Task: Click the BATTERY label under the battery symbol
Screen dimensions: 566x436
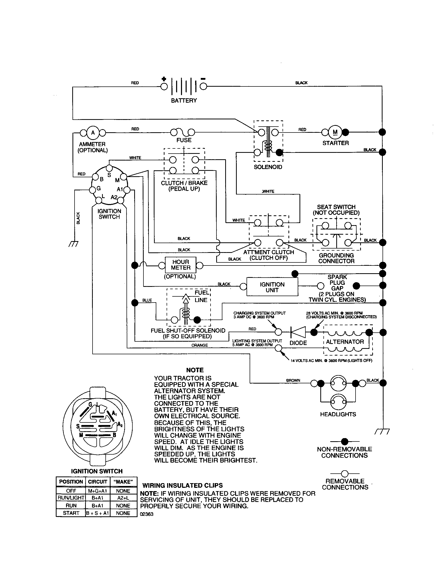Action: [x=184, y=101]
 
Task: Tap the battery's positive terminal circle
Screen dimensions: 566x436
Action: [x=164, y=86]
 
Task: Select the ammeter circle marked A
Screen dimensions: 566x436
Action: [x=93, y=133]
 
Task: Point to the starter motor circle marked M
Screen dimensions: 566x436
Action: [x=335, y=132]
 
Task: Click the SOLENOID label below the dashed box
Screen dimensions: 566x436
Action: [x=268, y=167]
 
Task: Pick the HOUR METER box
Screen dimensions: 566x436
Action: [x=181, y=265]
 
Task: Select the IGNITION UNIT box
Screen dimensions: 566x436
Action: [x=272, y=287]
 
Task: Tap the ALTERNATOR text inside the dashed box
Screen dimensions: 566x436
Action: [x=345, y=342]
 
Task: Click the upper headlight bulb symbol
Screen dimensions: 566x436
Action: [x=338, y=383]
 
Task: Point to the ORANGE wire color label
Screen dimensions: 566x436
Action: [x=199, y=345]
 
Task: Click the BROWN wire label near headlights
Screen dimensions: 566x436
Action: [x=293, y=381]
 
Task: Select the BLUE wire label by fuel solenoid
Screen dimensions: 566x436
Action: [x=147, y=300]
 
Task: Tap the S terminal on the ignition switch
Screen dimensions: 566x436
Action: [x=109, y=168]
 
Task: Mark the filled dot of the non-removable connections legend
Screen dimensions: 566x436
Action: [x=344, y=441]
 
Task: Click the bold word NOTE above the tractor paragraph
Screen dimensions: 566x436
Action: [x=195, y=370]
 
